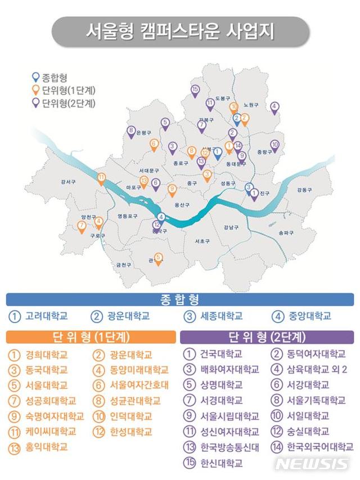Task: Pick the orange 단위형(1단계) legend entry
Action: pos(65,91)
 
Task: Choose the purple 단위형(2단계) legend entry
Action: pos(65,103)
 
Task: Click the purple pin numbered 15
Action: pos(195,90)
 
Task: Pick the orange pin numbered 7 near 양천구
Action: pos(82,226)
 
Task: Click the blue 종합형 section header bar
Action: pos(180,299)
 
